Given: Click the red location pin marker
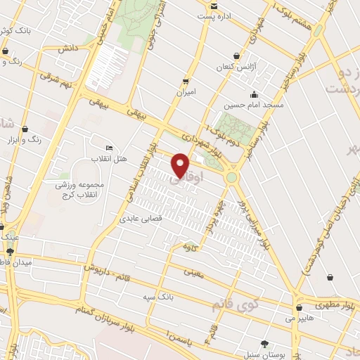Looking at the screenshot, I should pyautogui.click(x=180, y=165).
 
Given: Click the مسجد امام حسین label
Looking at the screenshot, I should pyautogui.click(x=253, y=105).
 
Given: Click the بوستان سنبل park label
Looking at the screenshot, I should pyautogui.click(x=260, y=354).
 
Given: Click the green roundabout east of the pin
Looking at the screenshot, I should pyautogui.click(x=232, y=177).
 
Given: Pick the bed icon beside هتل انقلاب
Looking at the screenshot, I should pyautogui.click(x=108, y=148).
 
